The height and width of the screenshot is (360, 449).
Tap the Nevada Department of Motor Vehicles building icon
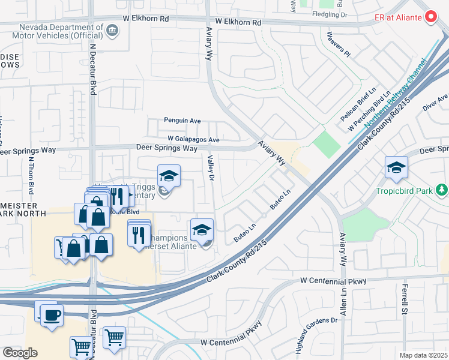click(x=112, y=30)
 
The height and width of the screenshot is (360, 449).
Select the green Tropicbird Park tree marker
click(x=442, y=190)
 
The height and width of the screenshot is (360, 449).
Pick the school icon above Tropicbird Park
click(x=396, y=168)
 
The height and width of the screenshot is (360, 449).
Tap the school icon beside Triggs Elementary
click(x=169, y=176)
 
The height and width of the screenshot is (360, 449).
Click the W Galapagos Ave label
click(x=193, y=139)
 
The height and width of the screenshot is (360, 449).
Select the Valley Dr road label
click(x=211, y=167)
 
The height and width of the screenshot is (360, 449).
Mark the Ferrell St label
click(x=404, y=302)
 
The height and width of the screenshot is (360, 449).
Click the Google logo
click(x=19, y=352)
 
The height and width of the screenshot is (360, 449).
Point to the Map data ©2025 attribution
click(x=423, y=355)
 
